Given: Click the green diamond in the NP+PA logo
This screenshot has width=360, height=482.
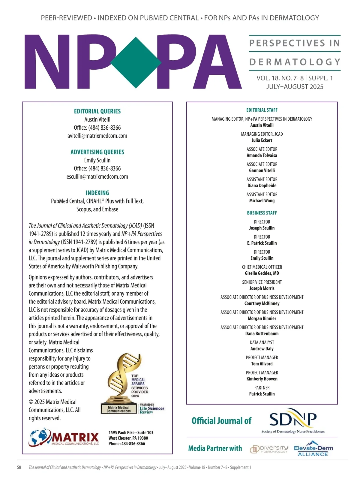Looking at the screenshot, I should pyautogui.click(x=136, y=62).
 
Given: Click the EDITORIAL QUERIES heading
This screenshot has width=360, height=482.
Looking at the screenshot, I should pyautogui.click(x=97, y=111).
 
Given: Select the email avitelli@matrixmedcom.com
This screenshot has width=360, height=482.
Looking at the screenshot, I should pyautogui.click(x=97, y=136).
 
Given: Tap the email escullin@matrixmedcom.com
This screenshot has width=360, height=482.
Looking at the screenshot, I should pyautogui.click(x=97, y=176).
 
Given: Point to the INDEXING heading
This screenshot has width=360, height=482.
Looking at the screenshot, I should pyautogui.click(x=97, y=193).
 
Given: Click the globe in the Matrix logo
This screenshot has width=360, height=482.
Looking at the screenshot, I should pyautogui.click(x=40, y=437).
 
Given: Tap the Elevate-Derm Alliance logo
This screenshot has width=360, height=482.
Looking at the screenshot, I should pyautogui.click(x=313, y=449).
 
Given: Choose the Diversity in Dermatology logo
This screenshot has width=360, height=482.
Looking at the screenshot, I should pyautogui.click(x=269, y=449).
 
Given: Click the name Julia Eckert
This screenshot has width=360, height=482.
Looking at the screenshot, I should pyautogui.click(x=262, y=140).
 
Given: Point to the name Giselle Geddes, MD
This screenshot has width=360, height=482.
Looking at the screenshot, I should pyautogui.click(x=262, y=273).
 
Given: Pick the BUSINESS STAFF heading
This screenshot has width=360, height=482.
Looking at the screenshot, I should pyautogui.click(x=262, y=213).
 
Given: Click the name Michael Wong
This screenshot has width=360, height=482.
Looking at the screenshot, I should pyautogui.click(x=262, y=200).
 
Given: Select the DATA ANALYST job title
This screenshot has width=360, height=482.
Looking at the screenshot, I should pyautogui.click(x=262, y=342).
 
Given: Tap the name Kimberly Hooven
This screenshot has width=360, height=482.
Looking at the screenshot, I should pyautogui.click(x=262, y=379).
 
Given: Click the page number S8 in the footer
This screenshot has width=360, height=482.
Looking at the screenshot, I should pyautogui.click(x=19, y=467).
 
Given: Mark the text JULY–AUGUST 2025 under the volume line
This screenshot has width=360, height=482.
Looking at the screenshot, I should pyautogui.click(x=295, y=87).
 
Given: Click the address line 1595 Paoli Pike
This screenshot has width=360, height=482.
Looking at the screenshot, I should pyautogui.click(x=131, y=432).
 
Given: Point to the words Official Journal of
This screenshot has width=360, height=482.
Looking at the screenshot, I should pyautogui.click(x=221, y=421).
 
